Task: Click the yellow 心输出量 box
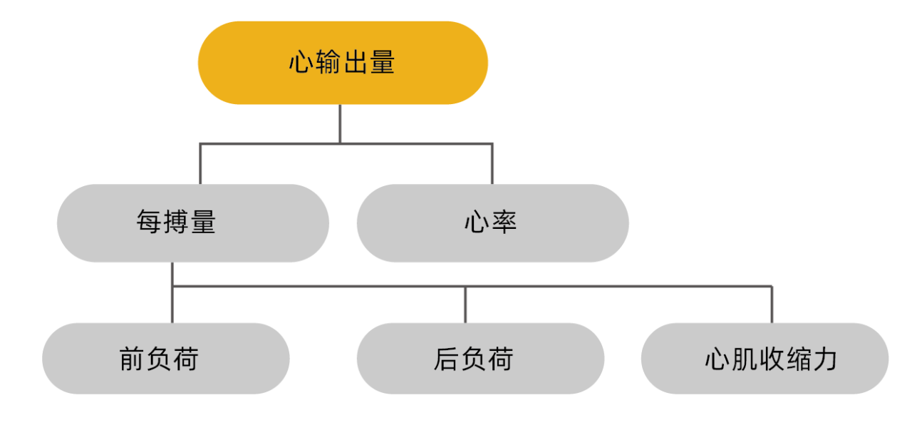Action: tap(343, 63)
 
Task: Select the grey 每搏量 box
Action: tap(193, 223)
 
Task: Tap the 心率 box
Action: tap(492, 223)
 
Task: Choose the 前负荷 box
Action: tap(166, 358)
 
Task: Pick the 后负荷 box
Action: tap(480, 358)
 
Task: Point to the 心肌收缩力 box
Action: tap(765, 358)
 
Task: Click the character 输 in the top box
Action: tap(328, 62)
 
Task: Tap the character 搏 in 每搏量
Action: tap(176, 222)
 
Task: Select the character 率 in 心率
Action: tap(504, 222)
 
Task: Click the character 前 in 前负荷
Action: tap(133, 359)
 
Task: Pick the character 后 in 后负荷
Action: tap(446, 359)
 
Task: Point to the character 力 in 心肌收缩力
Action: tap(824, 359)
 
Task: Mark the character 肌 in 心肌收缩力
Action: tap(745, 359)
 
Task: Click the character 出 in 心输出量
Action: tap(356, 62)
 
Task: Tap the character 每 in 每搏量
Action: tap(149, 222)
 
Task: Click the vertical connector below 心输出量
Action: tap(340, 124)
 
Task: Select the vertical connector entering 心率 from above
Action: tap(492, 164)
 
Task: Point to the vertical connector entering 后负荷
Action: tap(465, 305)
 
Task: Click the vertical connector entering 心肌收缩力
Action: tap(772, 305)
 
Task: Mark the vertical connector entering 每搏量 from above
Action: tap(200, 164)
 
